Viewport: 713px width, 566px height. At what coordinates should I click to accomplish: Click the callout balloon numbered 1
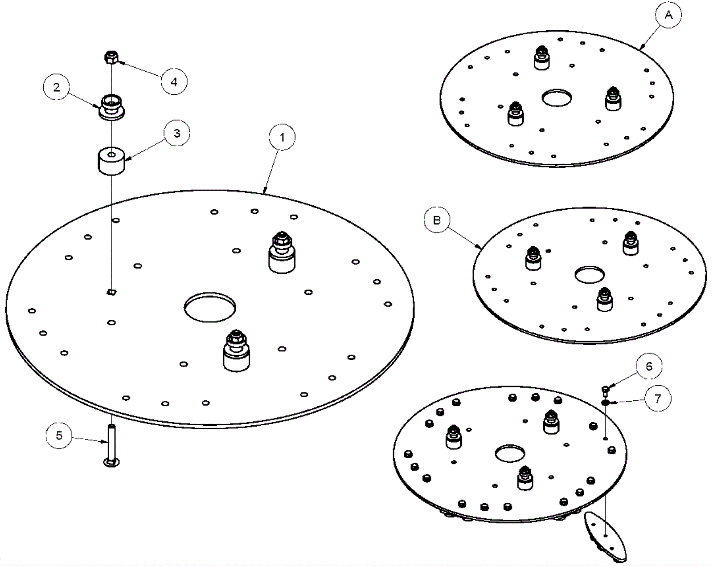pos(282,138)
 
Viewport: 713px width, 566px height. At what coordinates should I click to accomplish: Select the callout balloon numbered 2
pos(57,87)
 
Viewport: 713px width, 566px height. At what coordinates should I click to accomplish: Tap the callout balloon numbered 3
pos(177,133)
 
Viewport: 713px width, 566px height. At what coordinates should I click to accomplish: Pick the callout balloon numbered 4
pos(174,81)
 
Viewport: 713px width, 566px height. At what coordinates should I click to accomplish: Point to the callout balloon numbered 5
pos(59,436)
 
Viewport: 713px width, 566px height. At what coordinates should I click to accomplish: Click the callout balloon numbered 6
pos(649,366)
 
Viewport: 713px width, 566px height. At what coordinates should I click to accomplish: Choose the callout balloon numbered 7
pos(658,398)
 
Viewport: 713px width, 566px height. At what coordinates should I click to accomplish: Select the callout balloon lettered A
pos(668,16)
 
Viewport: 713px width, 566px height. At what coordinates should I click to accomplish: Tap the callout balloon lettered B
pos(437,220)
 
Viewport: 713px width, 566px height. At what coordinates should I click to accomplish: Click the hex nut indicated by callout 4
pos(111,57)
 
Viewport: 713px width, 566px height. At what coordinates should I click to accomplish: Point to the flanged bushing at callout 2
pos(111,107)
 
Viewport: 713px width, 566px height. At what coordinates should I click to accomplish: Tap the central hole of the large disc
pos(210,307)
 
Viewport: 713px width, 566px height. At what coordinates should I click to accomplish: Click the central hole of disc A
pos(557,98)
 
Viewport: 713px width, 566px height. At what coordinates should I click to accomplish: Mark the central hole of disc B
pos(590,275)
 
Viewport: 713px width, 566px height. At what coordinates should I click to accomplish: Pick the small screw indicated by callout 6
pos(605,391)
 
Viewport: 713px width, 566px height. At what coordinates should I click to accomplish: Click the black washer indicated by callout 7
pos(605,403)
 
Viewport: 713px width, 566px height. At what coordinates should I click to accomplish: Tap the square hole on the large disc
pos(111,292)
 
